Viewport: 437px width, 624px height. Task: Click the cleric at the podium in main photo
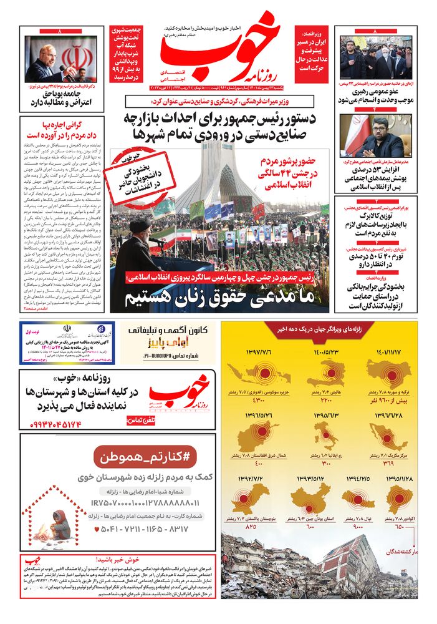(x=133, y=256)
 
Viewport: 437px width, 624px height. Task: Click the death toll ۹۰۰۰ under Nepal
(x=358, y=527)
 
